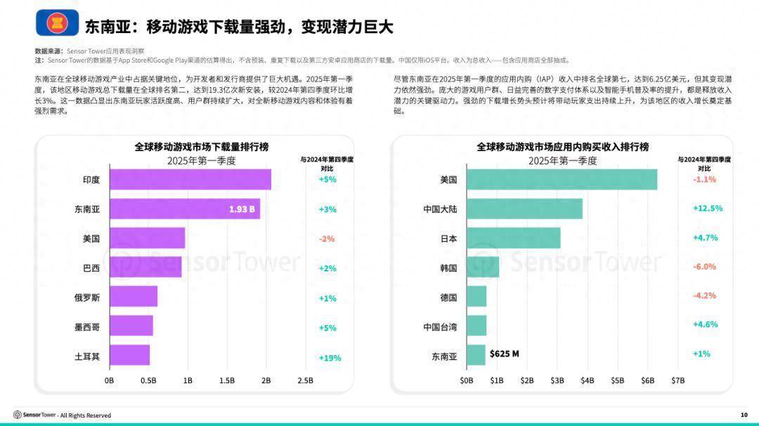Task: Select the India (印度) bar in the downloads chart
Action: pyautogui.click(x=190, y=179)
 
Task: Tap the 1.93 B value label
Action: pyautogui.click(x=242, y=209)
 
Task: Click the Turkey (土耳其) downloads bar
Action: pyautogui.click(x=129, y=356)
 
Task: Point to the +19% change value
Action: pyautogui.click(x=330, y=358)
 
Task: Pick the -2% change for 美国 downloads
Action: pyautogui.click(x=327, y=239)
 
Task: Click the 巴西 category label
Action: pyautogui.click(x=91, y=268)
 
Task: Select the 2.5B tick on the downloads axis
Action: pyautogui.click(x=306, y=380)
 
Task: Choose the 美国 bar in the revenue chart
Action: pyautogui.click(x=562, y=179)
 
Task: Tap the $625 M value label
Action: pyautogui.click(x=504, y=354)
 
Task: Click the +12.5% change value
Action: pyautogui.click(x=707, y=209)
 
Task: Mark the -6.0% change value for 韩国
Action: pyautogui.click(x=704, y=267)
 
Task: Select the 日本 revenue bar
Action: pyautogui.click(x=513, y=238)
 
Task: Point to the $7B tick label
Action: pyautogui.click(x=677, y=380)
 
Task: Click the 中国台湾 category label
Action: pyautogui.click(x=440, y=327)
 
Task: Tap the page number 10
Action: pyautogui.click(x=744, y=415)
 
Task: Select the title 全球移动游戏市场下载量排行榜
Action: pyautogui.click(x=202, y=147)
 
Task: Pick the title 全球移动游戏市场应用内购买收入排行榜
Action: pyautogui.click(x=562, y=147)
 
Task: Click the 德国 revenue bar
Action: pyautogui.click(x=476, y=297)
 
